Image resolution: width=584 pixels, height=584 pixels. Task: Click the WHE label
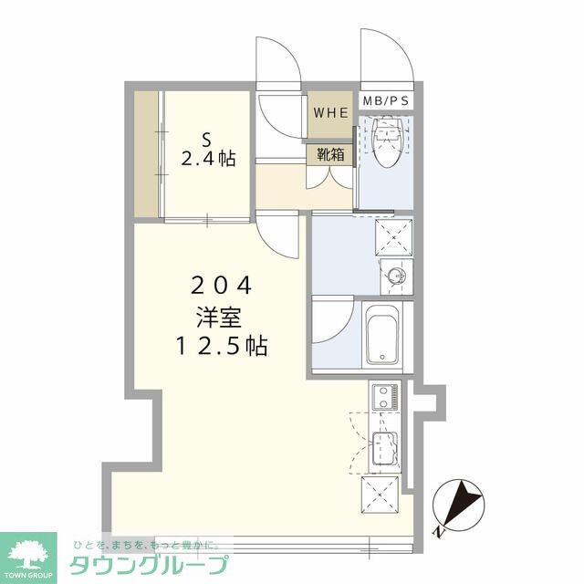coord(330,112)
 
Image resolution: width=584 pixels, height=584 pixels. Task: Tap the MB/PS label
coord(386,100)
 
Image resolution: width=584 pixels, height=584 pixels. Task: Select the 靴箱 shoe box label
coord(330,154)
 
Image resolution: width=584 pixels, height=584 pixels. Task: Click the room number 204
coord(221,286)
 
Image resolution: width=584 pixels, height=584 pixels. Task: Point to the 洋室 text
coord(219,318)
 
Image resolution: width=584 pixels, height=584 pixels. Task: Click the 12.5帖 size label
coord(221,346)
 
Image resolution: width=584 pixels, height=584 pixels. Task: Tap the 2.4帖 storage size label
coord(208,159)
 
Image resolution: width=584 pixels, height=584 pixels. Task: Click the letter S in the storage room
coord(206,141)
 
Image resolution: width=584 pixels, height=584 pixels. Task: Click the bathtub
coord(382,335)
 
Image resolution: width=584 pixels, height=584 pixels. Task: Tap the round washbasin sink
coord(396,276)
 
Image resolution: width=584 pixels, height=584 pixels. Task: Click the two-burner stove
coord(385,397)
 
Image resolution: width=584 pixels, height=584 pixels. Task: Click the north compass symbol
coord(458,506)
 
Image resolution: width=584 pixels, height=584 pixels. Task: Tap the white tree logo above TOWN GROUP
coord(28,553)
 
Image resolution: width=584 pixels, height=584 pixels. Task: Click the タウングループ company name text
coord(149,565)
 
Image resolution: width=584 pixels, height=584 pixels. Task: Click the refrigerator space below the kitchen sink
coord(380,495)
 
